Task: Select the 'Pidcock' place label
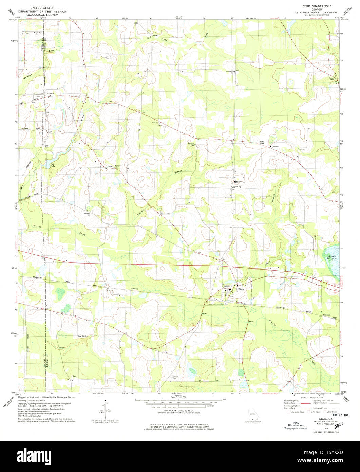pos(134,289)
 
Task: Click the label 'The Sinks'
pos(82,336)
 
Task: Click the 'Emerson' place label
pos(326,314)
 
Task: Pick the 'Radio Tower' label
pos(262,143)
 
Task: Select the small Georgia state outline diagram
pos(252,415)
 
